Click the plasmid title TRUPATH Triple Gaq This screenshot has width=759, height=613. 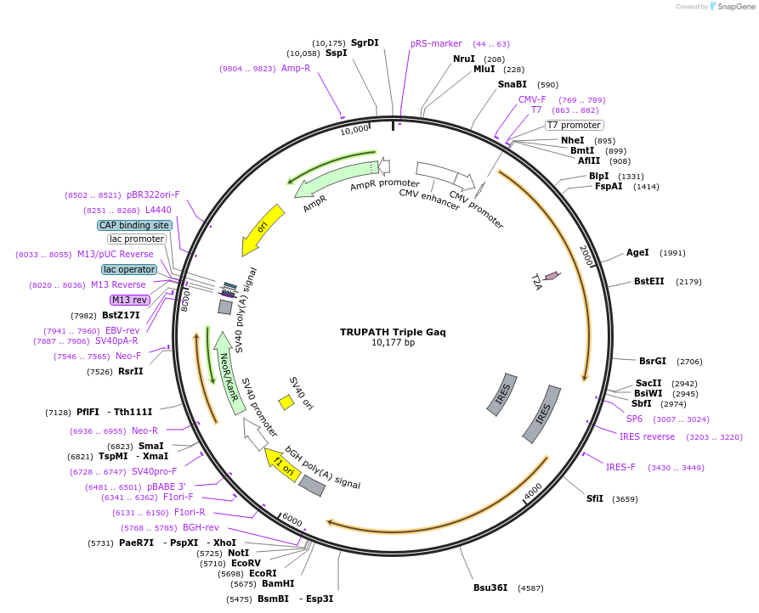(393, 332)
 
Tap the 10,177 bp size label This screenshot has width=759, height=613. (393, 343)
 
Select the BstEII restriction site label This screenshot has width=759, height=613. (649, 281)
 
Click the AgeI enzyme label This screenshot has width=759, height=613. (637, 252)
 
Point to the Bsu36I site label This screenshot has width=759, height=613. (490, 588)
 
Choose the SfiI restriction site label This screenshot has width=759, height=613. (595, 498)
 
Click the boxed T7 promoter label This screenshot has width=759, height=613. (574, 126)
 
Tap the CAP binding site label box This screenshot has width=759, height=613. (134, 225)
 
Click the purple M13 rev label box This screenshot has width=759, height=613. (129, 300)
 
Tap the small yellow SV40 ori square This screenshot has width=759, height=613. (286, 402)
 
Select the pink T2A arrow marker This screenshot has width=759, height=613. (552, 275)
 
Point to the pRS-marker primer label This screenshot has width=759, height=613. (436, 43)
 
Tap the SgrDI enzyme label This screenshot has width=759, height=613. (365, 42)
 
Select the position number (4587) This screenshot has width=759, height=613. (530, 588)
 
